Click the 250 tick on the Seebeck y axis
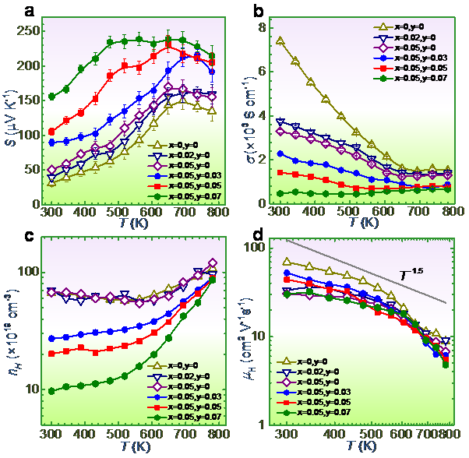[x=25, y=32]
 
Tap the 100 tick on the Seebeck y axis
[x=25, y=135]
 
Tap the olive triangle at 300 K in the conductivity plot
[x=280, y=41]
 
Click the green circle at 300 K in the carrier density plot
[x=51, y=390]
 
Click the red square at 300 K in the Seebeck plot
[x=51, y=132]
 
